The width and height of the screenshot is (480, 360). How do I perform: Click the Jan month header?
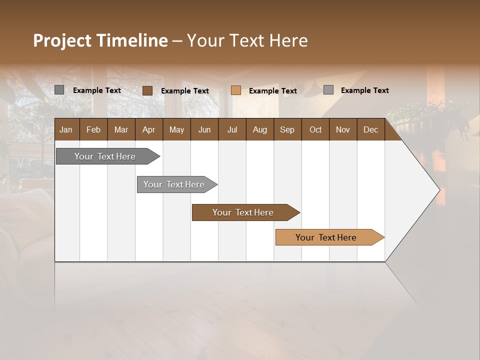66,129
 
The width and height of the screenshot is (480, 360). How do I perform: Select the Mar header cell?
121,129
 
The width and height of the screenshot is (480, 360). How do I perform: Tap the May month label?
176,129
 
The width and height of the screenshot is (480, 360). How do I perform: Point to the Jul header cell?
232,129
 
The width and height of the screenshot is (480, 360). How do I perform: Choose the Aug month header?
259,129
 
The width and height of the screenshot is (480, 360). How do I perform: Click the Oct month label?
315,129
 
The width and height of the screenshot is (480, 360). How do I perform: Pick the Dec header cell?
370,129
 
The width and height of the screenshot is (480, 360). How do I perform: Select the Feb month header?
93,129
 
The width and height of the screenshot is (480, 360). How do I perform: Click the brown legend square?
147,90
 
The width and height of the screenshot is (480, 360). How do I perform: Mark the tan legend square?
236,90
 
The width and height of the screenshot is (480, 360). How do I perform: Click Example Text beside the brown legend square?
184,91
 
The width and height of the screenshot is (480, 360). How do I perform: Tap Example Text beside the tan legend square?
272,91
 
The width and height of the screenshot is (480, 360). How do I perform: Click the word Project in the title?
62,40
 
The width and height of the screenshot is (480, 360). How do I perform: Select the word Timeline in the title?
132,40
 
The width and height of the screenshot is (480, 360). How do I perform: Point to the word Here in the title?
288,40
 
